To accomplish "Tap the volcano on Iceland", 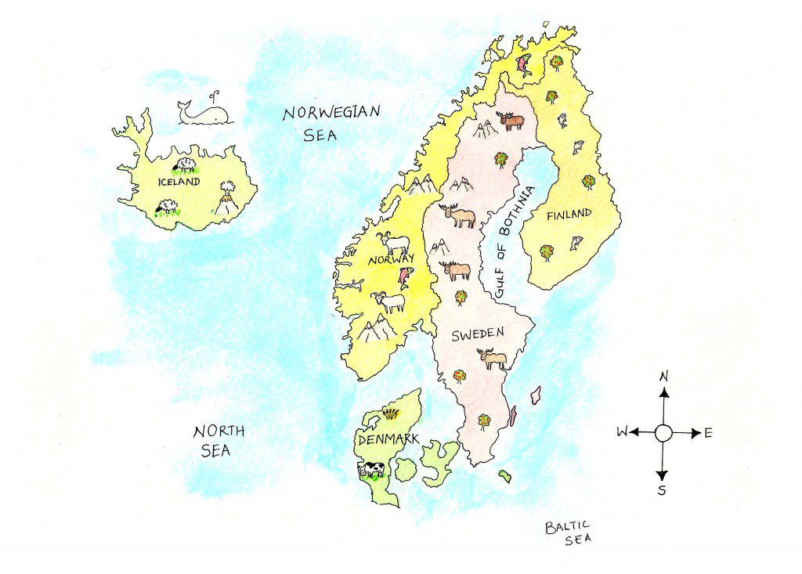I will point(226,199).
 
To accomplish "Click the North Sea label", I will point(219,440).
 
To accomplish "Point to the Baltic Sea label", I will point(569,532).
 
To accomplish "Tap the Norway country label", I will point(383,265).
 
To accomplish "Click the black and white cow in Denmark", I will point(371,469).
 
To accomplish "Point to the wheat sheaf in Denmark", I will point(388,413).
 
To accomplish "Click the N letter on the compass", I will point(664,377).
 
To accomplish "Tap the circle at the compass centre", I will point(663,432).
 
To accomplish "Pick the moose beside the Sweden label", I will point(493,359).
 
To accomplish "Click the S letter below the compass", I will point(662,490).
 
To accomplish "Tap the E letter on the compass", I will point(708,432).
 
